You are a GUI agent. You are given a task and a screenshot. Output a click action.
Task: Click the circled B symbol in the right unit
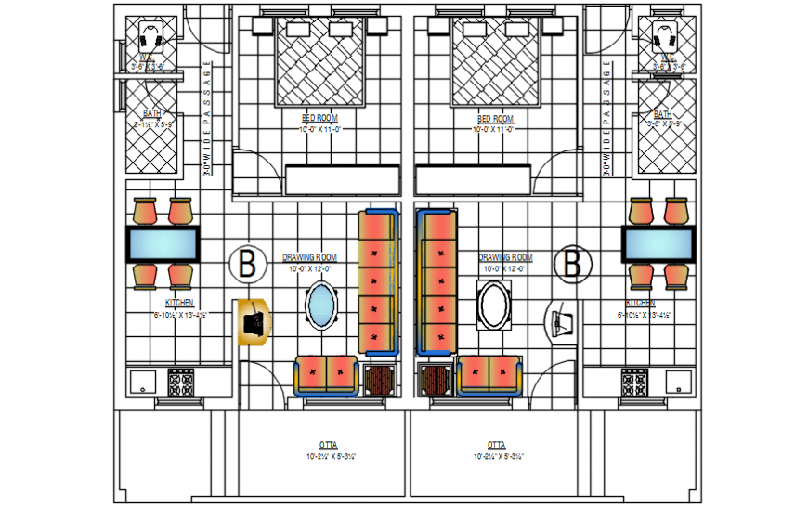(x=573, y=264)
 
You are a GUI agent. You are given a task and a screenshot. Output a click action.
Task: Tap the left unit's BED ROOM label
(x=319, y=119)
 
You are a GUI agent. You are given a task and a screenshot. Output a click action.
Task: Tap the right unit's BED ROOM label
(x=495, y=119)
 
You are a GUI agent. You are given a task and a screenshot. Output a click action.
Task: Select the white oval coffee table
(x=493, y=305)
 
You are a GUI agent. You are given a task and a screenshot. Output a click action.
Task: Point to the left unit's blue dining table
(x=163, y=244)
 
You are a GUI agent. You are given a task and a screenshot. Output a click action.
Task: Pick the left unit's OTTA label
(x=327, y=445)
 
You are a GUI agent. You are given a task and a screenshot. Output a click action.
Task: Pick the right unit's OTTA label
(x=495, y=445)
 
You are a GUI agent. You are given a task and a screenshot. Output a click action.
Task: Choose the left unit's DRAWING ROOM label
(x=309, y=257)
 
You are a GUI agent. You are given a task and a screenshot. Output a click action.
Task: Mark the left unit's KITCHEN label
(x=179, y=304)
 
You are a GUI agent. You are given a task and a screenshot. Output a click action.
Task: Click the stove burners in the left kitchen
(x=180, y=382)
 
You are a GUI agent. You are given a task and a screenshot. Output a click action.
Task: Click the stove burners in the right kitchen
(x=635, y=382)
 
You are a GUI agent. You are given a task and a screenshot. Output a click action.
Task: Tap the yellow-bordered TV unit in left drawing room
(x=253, y=321)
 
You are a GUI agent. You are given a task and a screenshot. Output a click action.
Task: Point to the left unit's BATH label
(x=151, y=113)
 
